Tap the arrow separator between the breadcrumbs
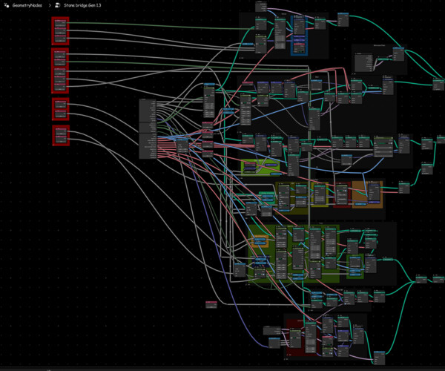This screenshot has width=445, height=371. [48, 5]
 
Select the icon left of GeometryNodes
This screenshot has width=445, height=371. [6, 5]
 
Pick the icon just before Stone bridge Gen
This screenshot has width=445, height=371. [57, 5]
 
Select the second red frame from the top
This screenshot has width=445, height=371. [60, 70]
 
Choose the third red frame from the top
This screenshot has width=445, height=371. [60, 108]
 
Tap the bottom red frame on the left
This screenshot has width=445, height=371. [60, 135]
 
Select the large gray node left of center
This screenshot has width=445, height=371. [151, 128]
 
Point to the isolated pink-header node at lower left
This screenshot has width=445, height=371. [211, 303]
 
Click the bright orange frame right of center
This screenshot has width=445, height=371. [367, 194]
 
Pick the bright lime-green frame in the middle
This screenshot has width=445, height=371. [260, 167]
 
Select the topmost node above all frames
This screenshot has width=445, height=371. [260, 6]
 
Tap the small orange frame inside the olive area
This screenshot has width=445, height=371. [260, 240]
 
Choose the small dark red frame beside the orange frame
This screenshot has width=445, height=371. [342, 192]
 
